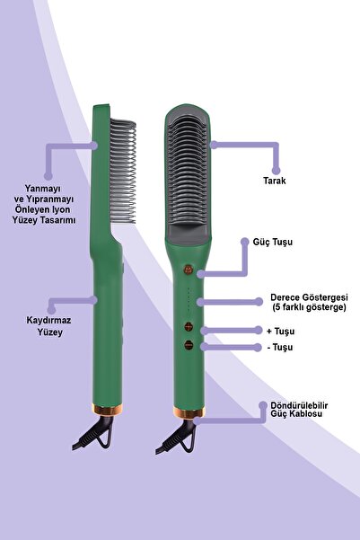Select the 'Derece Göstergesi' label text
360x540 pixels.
pyautogui.click(x=308, y=297)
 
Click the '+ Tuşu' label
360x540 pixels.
pyautogui.click(x=285, y=331)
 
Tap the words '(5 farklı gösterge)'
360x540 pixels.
pyautogui.click(x=308, y=308)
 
